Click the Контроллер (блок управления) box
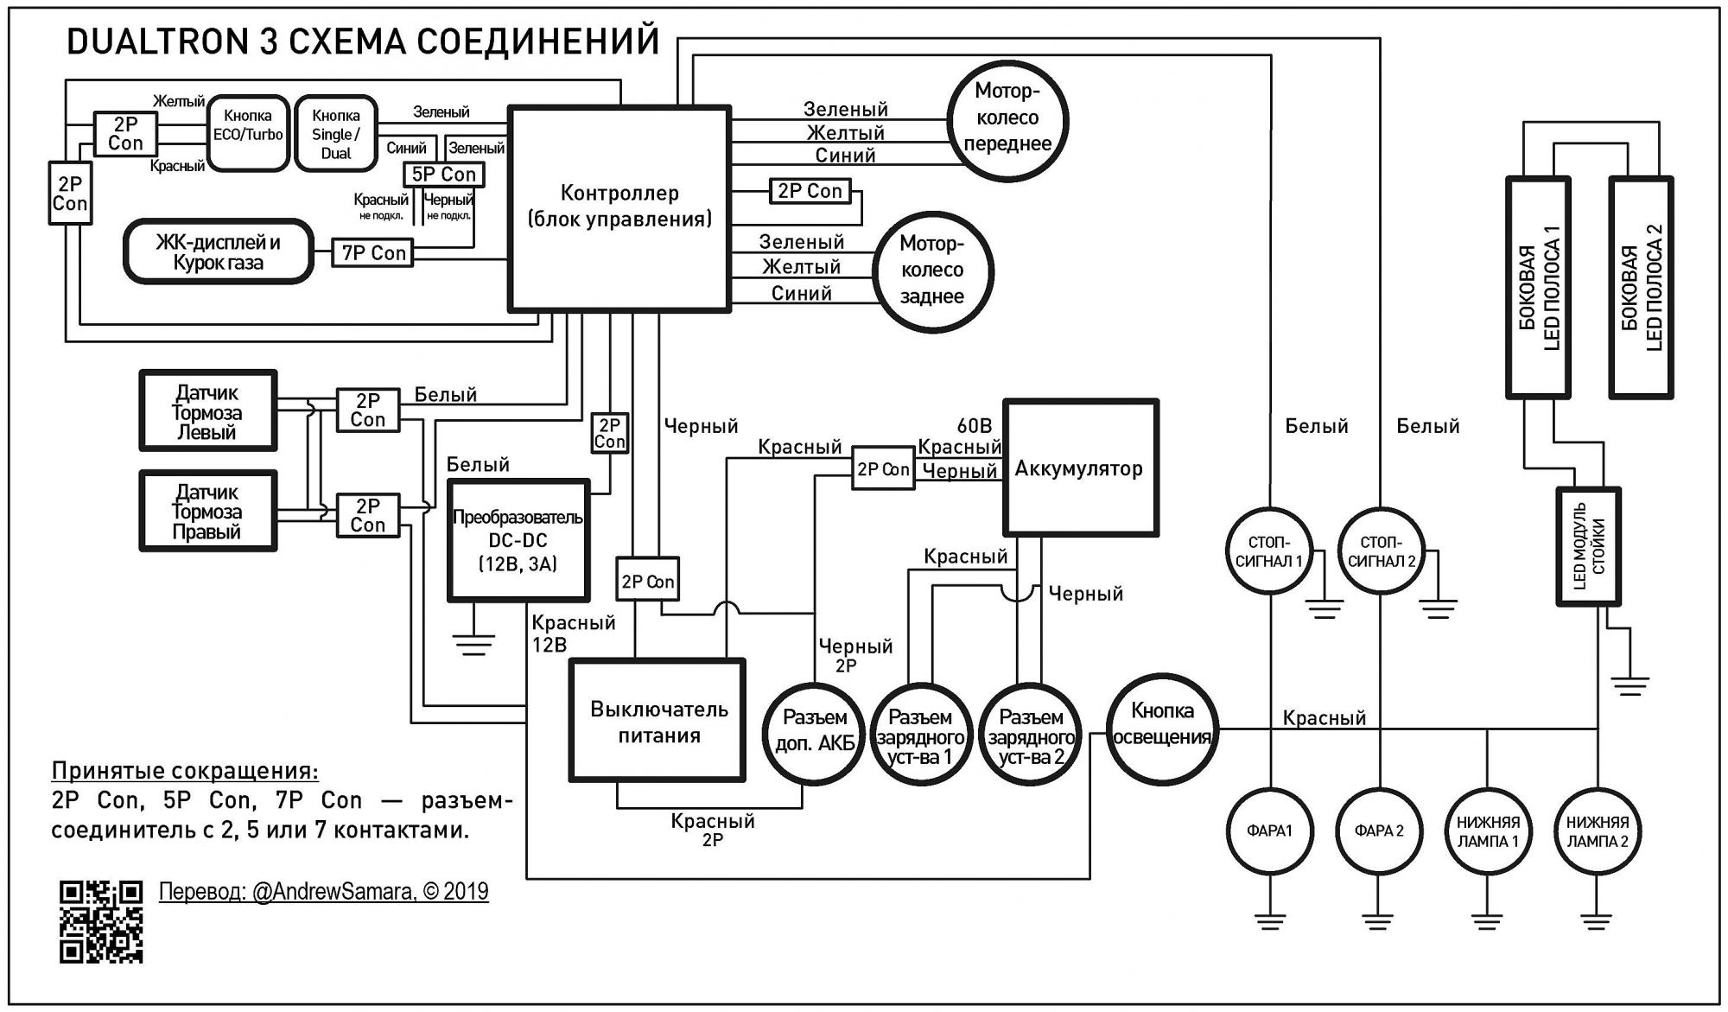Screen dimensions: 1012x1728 coord(619,207)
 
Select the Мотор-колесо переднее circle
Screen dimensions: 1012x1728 coord(1007,118)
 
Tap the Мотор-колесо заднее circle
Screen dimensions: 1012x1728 coord(932,271)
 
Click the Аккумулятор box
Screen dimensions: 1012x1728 coord(1080,468)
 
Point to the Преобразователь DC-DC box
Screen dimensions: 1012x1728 coord(518,540)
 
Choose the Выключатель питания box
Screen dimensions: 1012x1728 coord(658,721)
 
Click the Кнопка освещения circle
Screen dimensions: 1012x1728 coord(1162,725)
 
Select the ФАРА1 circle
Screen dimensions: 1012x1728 coord(1269,831)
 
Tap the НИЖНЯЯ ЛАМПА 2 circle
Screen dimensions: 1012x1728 coord(1597,831)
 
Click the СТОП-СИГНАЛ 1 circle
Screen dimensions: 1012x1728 coord(1268,551)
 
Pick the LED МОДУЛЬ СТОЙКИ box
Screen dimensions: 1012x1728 coord(1588,546)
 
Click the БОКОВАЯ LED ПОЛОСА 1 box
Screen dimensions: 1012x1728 coord(1538,288)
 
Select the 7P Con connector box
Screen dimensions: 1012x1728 coord(373,253)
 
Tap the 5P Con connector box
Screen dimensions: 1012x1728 coord(443,175)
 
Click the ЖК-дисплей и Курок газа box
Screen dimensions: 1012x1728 coord(218,251)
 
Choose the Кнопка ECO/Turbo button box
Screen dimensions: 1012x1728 coord(248,133)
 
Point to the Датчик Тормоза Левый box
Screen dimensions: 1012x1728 coord(208,411)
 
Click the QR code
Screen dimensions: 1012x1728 coord(101,921)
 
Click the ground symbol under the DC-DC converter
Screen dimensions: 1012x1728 coord(473,645)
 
